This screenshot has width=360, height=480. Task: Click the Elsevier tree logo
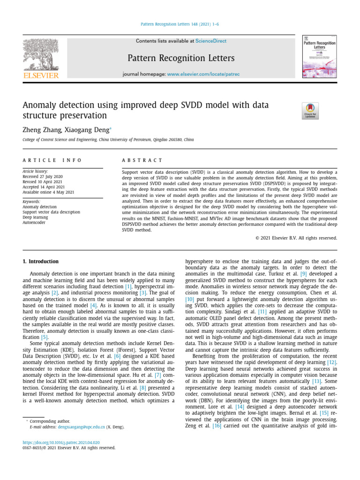tap(41, 55)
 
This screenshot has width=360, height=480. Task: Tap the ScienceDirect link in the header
tap(210, 41)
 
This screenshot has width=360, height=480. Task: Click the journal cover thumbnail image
tap(320, 57)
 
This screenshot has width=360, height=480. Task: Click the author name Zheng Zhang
tap(42, 130)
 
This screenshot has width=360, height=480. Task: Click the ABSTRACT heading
tap(142, 160)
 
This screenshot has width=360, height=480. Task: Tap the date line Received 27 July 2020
tap(44, 176)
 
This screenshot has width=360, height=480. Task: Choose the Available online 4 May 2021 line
tap(48, 192)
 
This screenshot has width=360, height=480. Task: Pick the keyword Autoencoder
tap(34, 222)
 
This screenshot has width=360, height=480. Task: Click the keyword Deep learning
tap(36, 217)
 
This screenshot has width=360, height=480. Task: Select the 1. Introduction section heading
tap(41, 262)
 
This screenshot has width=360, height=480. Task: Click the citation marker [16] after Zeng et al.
tap(217, 426)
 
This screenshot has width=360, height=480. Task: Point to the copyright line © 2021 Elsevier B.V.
tap(296, 238)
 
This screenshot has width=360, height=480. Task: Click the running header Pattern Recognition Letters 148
tap(180, 24)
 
